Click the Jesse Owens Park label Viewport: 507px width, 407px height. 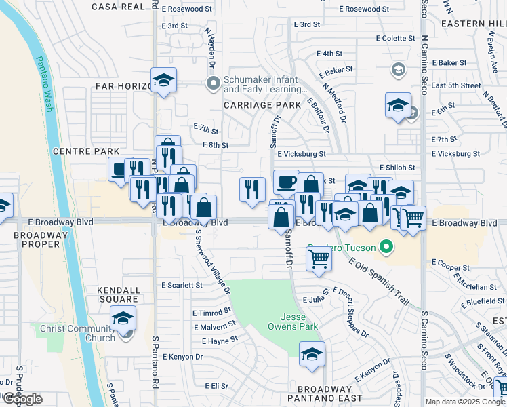(300, 322)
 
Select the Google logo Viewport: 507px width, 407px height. (23, 399)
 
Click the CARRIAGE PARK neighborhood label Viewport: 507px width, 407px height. (262, 105)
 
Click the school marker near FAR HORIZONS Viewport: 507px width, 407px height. (163, 82)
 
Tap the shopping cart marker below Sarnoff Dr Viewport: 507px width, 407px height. (318, 258)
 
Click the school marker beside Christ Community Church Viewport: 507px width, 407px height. (123, 318)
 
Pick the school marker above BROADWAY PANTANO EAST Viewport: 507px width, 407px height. (312, 354)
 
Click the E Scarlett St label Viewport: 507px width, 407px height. (182, 286)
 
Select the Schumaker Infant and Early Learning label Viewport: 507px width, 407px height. (261, 84)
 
